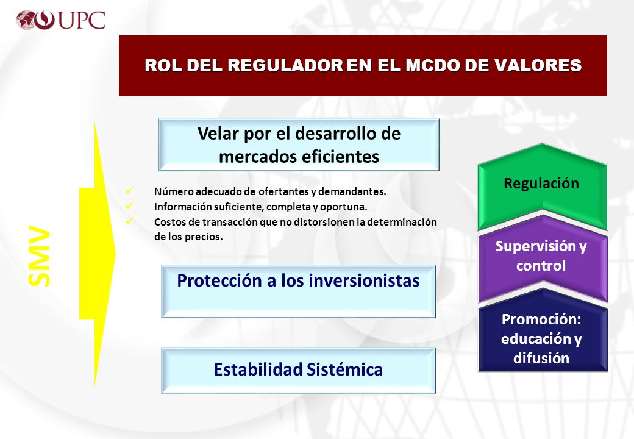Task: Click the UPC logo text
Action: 82,20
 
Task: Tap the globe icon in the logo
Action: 26,20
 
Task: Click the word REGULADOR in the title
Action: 285,65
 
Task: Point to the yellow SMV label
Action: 39,256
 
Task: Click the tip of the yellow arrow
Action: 116,254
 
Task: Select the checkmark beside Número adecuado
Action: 130,190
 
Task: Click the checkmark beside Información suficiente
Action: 130,205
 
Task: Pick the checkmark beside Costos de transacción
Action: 130,221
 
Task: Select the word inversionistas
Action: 364,280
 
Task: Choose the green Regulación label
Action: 541,184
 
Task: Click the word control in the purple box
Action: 541,266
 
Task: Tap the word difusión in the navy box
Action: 541,358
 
